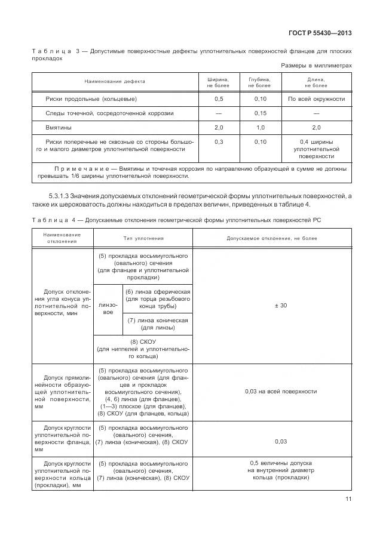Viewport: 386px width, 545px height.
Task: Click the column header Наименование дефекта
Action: coord(115,82)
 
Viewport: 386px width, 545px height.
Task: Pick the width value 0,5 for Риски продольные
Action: coord(218,98)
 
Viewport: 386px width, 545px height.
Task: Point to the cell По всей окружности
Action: coord(316,98)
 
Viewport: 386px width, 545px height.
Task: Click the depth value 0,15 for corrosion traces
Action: coord(260,113)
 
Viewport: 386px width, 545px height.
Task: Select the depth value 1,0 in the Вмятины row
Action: coord(260,128)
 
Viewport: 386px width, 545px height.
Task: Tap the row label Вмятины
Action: coord(59,128)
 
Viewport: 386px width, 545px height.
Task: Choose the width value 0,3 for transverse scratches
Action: coord(218,141)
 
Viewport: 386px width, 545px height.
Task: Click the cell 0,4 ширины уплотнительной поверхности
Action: coord(316,149)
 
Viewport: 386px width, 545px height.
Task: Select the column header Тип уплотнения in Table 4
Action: coord(143,238)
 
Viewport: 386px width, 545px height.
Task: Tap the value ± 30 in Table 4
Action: coord(280,306)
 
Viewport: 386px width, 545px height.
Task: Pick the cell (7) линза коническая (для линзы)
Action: coord(157,324)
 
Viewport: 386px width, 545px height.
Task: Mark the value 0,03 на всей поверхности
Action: coord(280,392)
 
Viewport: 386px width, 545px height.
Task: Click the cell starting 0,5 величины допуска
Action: coord(280,470)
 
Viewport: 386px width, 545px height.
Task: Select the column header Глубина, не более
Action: coord(260,82)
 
